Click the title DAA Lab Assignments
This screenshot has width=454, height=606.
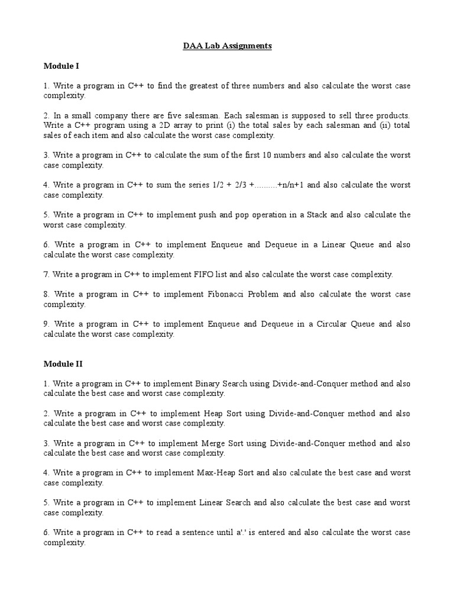point(227,46)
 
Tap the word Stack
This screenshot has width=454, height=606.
point(317,215)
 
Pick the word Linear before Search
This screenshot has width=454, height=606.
point(211,502)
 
